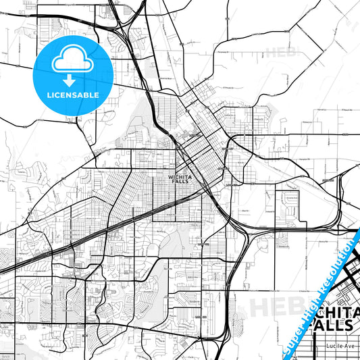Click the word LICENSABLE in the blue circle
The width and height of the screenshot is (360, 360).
pyautogui.click(x=74, y=95)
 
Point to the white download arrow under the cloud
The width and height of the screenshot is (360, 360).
pyautogui.click(x=70, y=80)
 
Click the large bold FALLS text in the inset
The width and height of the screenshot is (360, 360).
pyautogui.click(x=332, y=325)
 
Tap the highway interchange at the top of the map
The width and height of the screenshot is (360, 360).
pyautogui.click(x=122, y=27)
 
